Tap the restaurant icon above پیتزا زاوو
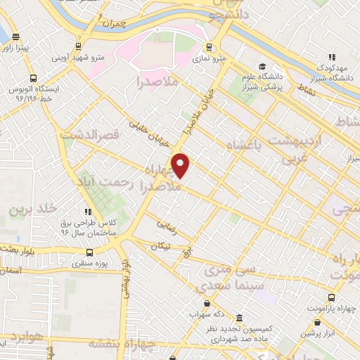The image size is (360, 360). tap(17, 35)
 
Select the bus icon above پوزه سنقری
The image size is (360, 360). tap(89, 252)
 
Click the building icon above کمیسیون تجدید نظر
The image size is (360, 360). tap(239, 318)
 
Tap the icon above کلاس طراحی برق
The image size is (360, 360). tap(87, 211)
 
